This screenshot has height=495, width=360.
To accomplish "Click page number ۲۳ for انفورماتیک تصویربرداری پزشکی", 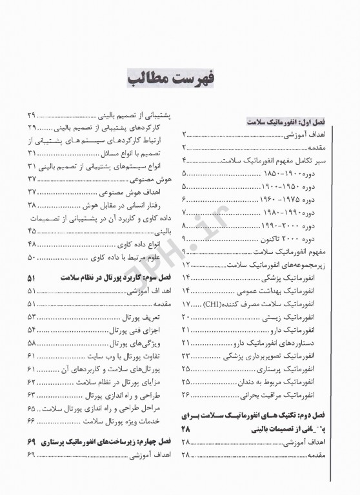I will click(x=186, y=356).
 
